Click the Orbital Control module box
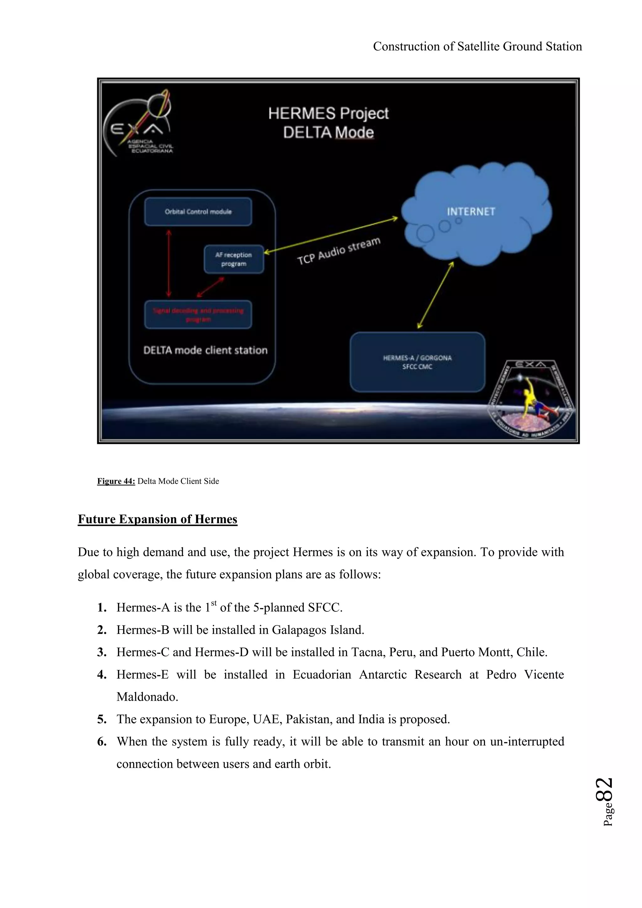(198, 212)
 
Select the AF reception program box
(234, 259)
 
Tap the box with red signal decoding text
(198, 315)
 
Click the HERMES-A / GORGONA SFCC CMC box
(417, 362)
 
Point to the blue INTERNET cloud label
(471, 212)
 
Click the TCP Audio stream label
(339, 251)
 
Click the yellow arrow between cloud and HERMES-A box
(435, 295)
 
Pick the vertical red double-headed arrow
(169, 263)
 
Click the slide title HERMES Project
(328, 113)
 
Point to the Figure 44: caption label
(116, 481)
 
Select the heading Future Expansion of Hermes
(157, 519)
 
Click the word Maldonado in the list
(147, 697)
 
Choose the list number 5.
(102, 719)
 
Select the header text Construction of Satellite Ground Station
(477, 47)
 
